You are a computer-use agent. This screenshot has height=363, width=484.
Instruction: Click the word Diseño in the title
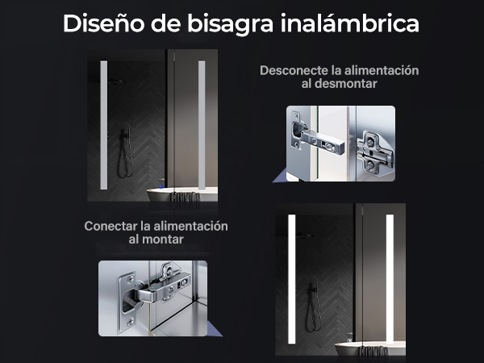[x=104, y=23]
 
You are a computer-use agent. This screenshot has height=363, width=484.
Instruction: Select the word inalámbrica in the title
[x=350, y=23]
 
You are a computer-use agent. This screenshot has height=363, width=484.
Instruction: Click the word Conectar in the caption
[x=111, y=226]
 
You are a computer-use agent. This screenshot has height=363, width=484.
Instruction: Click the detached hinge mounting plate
[x=375, y=153]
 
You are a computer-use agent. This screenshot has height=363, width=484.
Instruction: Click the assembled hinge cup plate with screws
[x=127, y=302]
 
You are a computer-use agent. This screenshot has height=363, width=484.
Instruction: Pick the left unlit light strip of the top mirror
[x=104, y=125]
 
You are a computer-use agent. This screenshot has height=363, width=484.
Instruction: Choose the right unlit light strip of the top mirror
[x=202, y=125]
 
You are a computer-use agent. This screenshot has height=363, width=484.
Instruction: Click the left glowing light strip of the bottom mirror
[x=292, y=279]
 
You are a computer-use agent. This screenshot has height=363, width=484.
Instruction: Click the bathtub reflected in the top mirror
[x=181, y=194]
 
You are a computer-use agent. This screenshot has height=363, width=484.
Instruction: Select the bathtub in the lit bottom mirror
[x=370, y=348]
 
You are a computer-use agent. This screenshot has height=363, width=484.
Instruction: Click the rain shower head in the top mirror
[x=116, y=81]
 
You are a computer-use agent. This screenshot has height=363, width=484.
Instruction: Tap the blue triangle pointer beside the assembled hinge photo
[x=215, y=329]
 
